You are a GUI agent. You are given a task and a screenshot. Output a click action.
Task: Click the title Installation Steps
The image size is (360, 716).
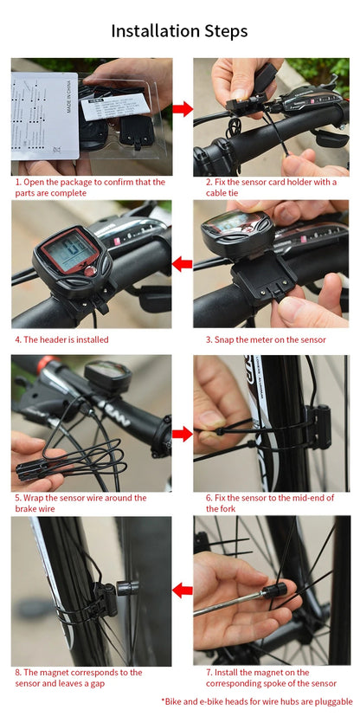point(179,31)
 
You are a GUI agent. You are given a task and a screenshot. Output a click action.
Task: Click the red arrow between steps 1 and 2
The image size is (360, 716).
point(182,109)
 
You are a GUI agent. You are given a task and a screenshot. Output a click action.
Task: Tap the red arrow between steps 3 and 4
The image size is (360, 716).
point(182,264)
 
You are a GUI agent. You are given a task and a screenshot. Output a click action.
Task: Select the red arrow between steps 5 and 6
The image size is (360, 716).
point(182,433)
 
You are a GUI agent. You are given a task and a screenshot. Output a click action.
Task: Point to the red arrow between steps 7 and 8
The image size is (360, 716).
point(182,590)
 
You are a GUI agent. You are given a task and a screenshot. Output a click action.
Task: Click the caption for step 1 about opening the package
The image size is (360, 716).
point(90,188)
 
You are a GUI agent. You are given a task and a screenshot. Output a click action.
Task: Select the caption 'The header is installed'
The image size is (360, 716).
point(62,339)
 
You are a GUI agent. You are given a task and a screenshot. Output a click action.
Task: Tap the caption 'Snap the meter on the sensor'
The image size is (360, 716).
point(266,339)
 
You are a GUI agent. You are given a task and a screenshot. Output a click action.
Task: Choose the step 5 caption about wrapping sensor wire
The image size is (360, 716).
point(80,504)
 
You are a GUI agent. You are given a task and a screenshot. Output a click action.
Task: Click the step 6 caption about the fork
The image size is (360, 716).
point(269,504)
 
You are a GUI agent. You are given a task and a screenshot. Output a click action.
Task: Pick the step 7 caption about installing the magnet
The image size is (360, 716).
point(271,678)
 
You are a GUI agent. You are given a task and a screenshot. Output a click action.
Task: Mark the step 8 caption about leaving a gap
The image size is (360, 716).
point(79,678)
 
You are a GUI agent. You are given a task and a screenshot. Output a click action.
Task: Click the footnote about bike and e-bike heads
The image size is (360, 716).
point(257,701)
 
